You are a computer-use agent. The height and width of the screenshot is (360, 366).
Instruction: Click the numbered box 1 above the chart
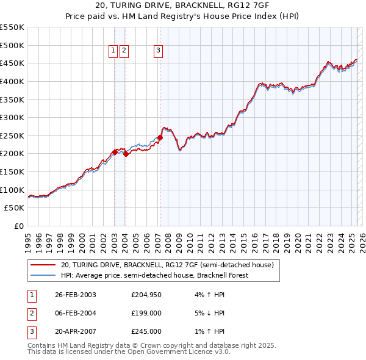tap(113, 51)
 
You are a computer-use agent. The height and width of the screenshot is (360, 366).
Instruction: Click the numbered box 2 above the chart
tap(124, 51)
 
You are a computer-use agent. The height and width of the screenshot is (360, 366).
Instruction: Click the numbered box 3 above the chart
tap(158, 51)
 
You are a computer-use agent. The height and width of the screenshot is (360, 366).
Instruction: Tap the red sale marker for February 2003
tap(115, 151)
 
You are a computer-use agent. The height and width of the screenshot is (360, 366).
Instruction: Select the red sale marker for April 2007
tap(160, 137)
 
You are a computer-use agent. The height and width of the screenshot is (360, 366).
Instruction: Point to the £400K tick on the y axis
tap(13, 81)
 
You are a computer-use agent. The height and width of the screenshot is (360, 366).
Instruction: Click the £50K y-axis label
tap(16, 208)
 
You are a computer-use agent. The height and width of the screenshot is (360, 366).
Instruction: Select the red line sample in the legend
tap(43, 265)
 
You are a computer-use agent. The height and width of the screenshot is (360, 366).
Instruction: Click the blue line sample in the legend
tap(43, 275)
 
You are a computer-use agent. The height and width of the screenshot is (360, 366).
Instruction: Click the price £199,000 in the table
tap(146, 313)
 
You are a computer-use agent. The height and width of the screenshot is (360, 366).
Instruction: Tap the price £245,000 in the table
tap(146, 331)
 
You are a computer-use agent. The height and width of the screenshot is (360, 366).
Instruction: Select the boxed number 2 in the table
tap(30, 313)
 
